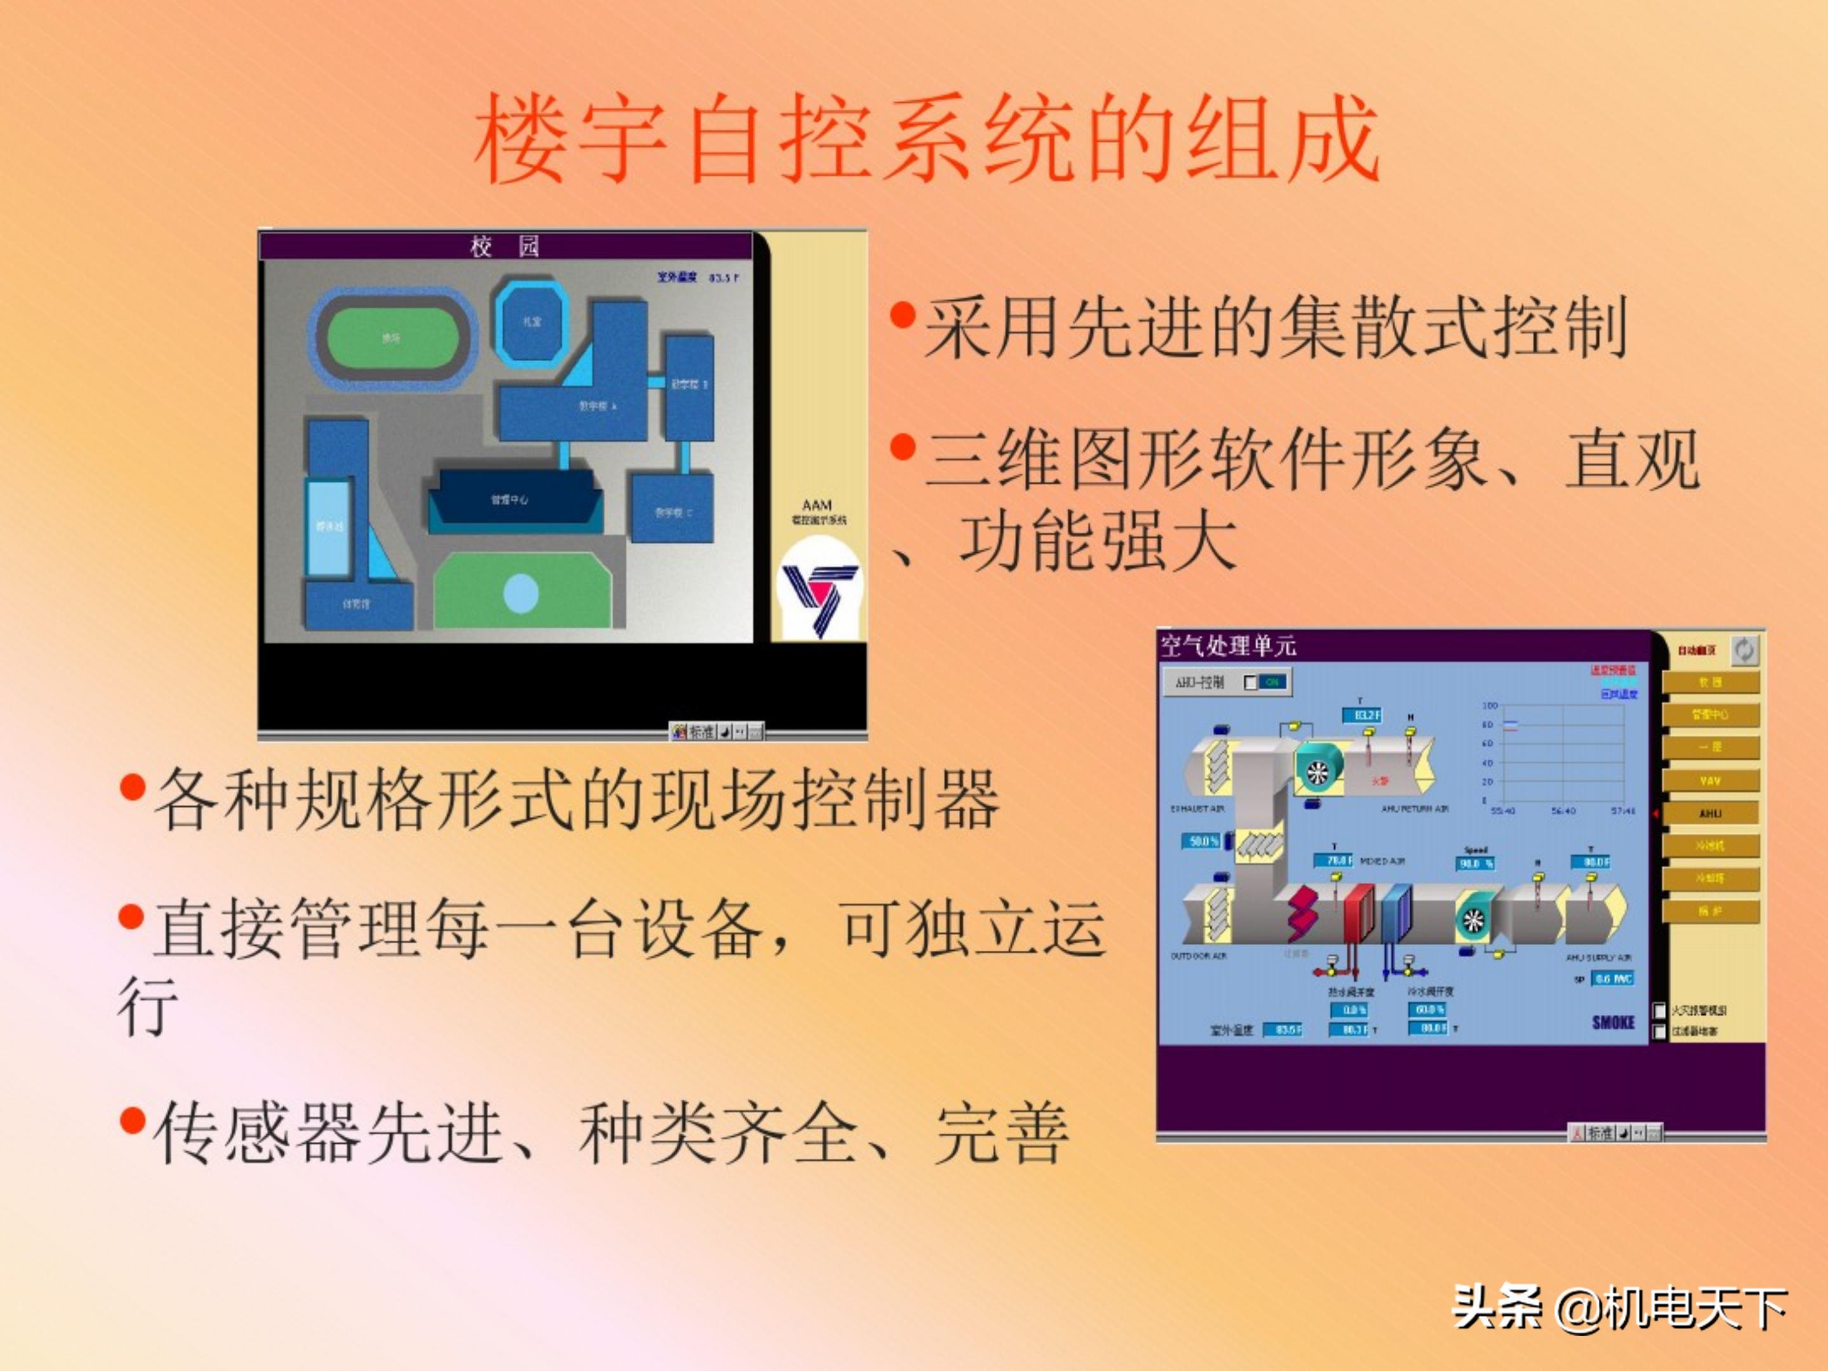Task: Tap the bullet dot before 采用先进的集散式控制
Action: [903, 315]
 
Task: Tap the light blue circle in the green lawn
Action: [520, 593]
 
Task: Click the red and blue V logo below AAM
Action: [819, 592]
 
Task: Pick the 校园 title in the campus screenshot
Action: [505, 246]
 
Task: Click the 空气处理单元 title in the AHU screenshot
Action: [1228, 646]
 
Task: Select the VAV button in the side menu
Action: [1710, 780]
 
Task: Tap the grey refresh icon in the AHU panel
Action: [1744, 651]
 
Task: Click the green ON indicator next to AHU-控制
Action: [1272, 682]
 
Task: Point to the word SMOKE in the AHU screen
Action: [1613, 1023]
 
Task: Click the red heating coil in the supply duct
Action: [1357, 911]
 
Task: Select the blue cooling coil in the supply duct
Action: [1396, 911]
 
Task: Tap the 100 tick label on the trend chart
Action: [1489, 706]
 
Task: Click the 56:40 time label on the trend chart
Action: [1563, 811]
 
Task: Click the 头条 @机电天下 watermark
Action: [1620, 1308]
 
